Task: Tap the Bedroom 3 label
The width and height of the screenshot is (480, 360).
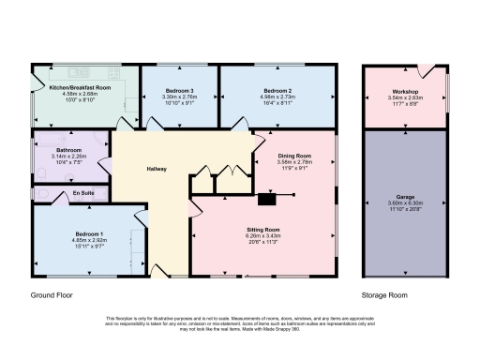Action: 179,90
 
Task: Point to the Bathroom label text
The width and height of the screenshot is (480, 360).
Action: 68,149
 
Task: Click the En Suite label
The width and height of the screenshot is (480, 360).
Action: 84,193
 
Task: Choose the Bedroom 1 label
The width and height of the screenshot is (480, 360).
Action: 89,233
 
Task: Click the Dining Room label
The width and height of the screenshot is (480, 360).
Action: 294,155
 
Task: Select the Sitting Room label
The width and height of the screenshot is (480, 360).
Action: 262,229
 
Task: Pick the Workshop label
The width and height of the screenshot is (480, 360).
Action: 405,90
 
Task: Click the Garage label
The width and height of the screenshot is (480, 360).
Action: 405,197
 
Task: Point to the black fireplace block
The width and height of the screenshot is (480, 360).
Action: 267,198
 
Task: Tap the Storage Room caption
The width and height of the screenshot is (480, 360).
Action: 385,294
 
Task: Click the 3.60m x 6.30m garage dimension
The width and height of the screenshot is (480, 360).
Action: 405,202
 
